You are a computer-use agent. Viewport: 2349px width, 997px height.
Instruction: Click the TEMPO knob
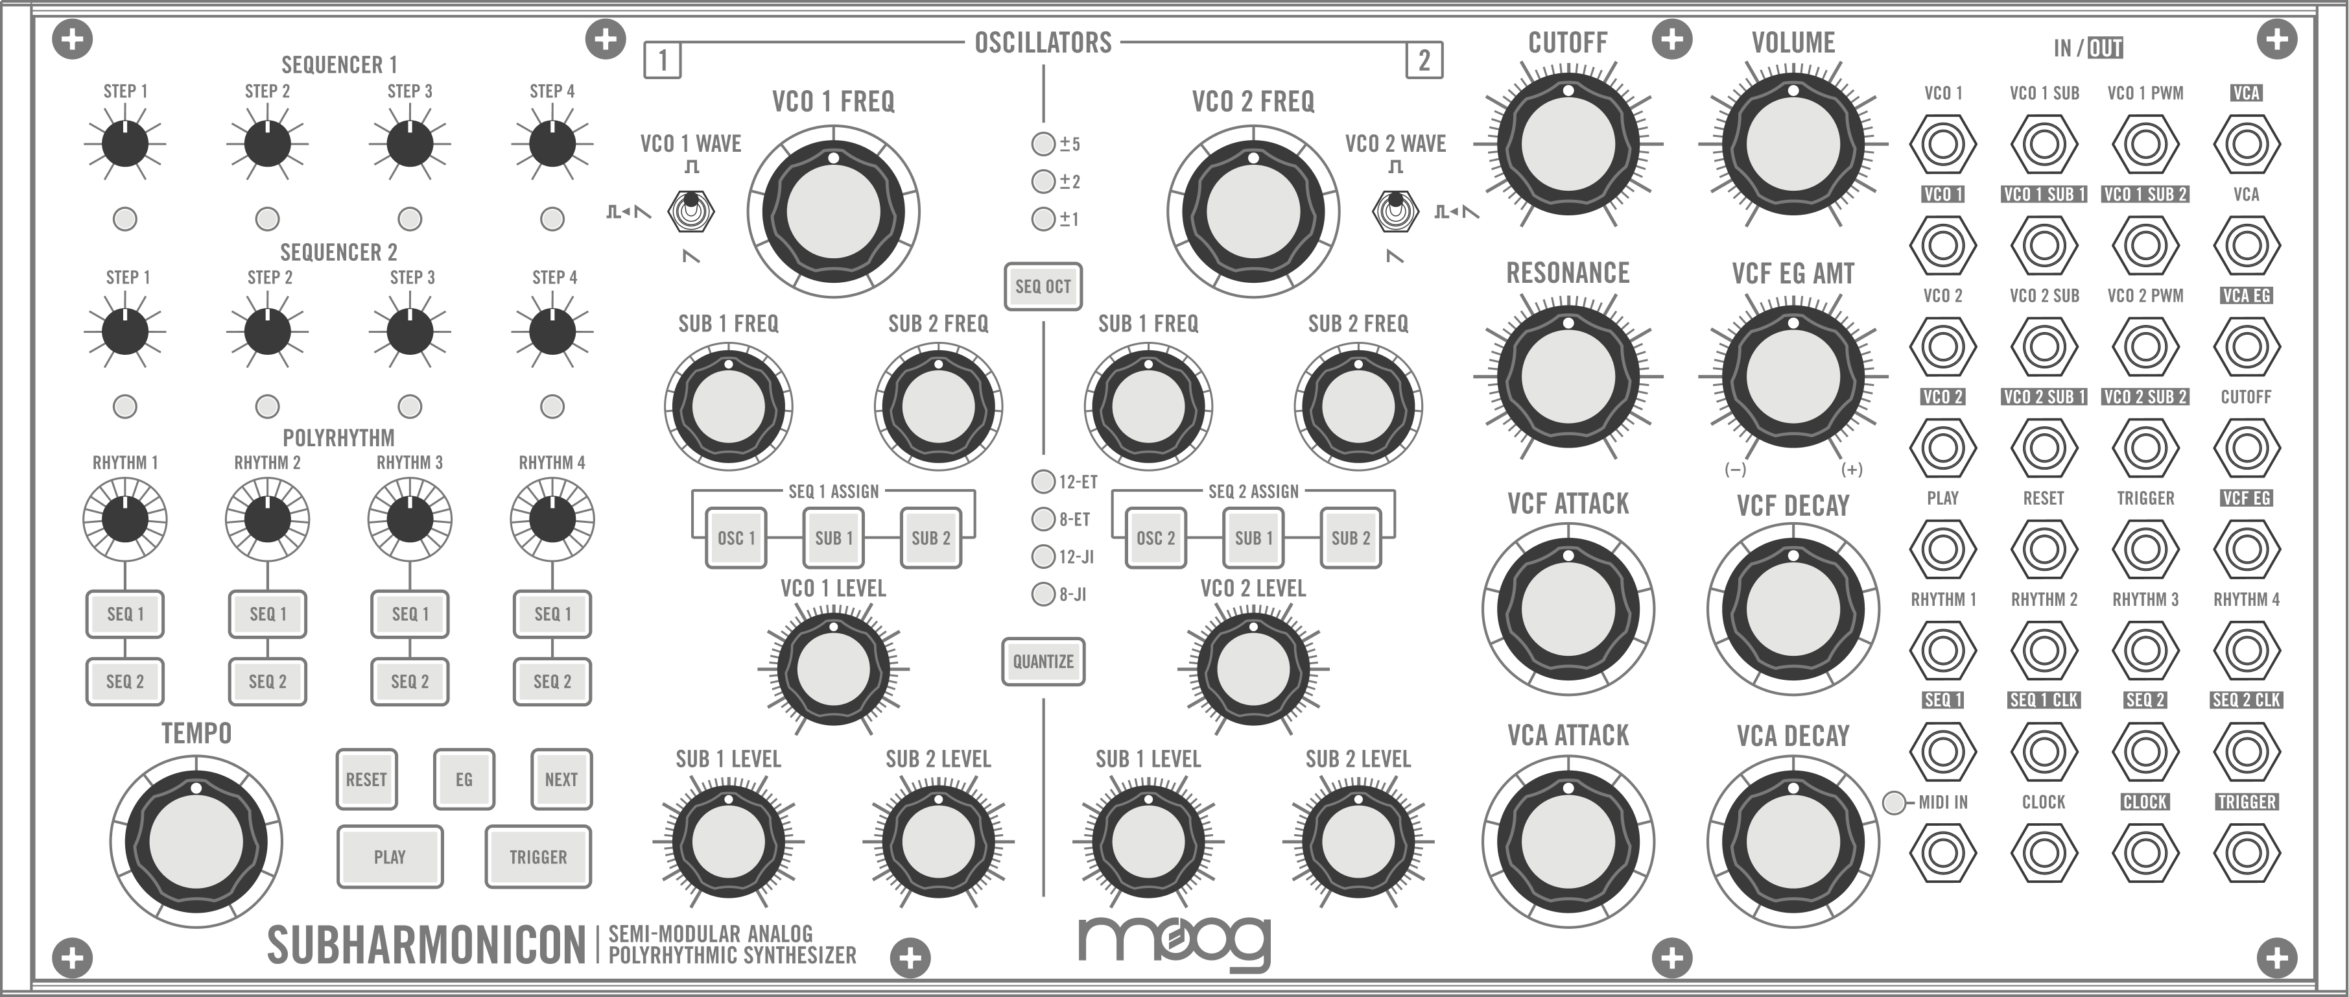tap(196, 839)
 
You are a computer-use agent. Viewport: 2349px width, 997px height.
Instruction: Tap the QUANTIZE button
tap(1043, 662)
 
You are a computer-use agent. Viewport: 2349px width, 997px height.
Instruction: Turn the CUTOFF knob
tap(1568, 143)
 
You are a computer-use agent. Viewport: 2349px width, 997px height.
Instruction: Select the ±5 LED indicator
tap(1043, 144)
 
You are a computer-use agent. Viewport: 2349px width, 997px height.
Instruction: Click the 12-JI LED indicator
tap(1043, 557)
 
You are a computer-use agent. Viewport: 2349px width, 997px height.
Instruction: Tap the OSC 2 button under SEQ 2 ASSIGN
tap(1155, 538)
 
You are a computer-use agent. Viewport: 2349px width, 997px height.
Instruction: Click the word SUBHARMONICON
tap(426, 945)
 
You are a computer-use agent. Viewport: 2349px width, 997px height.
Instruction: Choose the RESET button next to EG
tap(366, 779)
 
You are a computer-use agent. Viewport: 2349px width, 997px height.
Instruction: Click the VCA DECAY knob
tap(1793, 839)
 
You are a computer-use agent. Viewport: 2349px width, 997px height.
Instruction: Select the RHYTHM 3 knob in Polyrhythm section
tap(409, 519)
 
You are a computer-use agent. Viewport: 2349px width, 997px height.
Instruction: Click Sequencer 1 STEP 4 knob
tap(552, 143)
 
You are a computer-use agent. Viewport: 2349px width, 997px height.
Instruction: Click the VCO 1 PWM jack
tap(2145, 144)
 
